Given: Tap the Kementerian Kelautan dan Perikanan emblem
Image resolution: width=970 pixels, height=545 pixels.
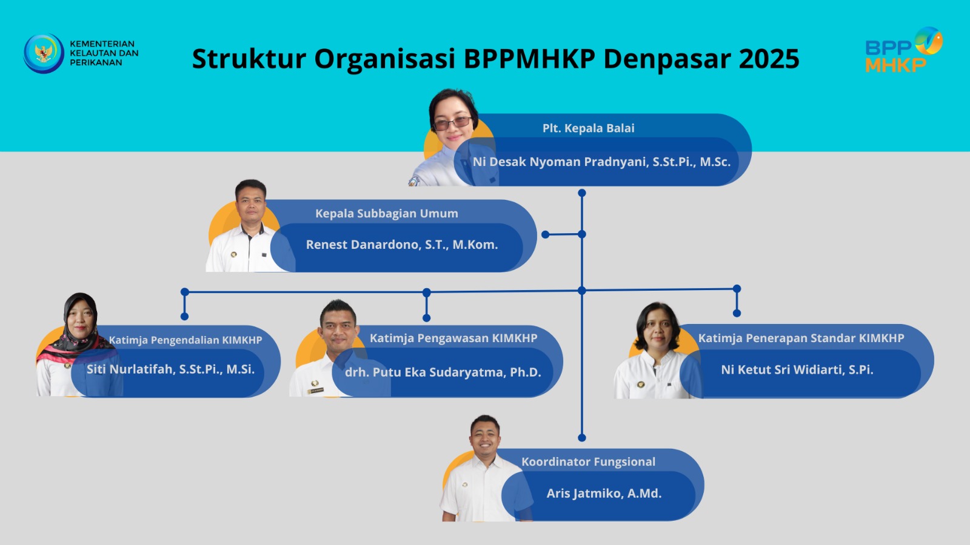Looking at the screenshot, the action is [x=44, y=53].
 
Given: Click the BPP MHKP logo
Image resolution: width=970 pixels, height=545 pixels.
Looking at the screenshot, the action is [x=904, y=50].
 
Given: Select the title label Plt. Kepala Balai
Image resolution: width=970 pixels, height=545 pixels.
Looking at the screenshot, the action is [x=589, y=128].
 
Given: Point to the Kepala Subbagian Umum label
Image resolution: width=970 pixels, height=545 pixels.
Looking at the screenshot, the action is [x=387, y=213].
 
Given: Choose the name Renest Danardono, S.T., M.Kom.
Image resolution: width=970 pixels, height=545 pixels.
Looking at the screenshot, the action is [x=402, y=245].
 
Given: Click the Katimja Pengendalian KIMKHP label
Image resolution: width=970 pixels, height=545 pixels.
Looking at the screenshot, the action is [x=186, y=340].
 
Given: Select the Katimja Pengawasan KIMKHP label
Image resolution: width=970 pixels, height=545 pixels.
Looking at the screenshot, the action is [x=453, y=339].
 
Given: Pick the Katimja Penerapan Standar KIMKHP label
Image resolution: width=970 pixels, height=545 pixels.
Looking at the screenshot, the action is [x=801, y=339].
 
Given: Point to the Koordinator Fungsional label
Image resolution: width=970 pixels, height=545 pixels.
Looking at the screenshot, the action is [x=588, y=462].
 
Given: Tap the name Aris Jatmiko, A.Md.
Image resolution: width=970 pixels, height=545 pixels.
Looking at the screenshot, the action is [x=604, y=494].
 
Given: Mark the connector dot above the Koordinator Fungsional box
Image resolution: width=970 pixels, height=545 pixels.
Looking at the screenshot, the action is [x=582, y=438].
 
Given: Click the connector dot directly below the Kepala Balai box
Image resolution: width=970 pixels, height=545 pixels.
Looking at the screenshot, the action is [x=582, y=193].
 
